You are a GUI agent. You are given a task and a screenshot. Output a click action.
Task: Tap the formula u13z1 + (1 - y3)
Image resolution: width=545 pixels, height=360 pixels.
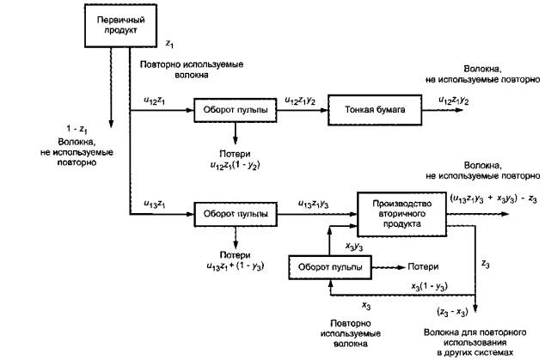[234, 266]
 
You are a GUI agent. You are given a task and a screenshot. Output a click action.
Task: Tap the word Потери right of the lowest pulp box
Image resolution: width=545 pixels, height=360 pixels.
[423, 266]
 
